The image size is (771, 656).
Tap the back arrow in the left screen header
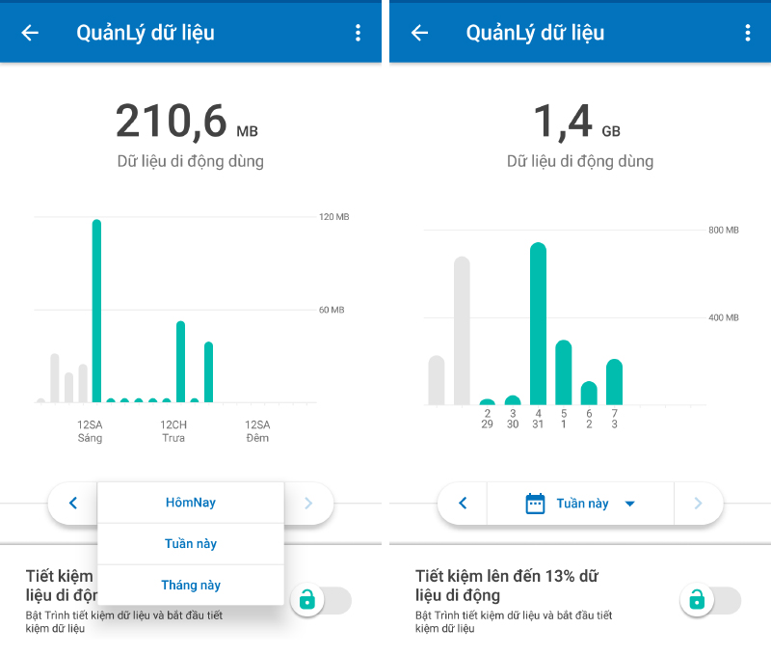point(30,33)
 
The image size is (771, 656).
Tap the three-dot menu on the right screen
point(748,33)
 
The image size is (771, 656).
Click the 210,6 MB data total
point(187,121)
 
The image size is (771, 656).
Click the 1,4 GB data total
point(576,121)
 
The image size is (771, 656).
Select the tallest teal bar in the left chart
point(97,311)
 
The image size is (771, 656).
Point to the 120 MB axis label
point(333,217)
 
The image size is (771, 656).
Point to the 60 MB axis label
point(332,310)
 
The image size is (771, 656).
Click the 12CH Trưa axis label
point(173,431)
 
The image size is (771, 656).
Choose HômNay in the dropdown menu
point(191,503)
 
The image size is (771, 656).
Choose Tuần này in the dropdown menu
point(191,544)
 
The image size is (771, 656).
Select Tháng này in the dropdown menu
point(191,586)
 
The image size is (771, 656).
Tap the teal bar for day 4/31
point(539,324)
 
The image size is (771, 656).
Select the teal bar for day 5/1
point(564,372)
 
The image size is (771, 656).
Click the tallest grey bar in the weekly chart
point(462,331)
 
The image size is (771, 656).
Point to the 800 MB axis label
point(724,231)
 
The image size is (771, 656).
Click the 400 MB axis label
point(724,318)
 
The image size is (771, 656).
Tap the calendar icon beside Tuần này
point(536,504)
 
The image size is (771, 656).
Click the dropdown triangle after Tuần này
point(630,504)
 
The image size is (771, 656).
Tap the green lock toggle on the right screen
point(710,600)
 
